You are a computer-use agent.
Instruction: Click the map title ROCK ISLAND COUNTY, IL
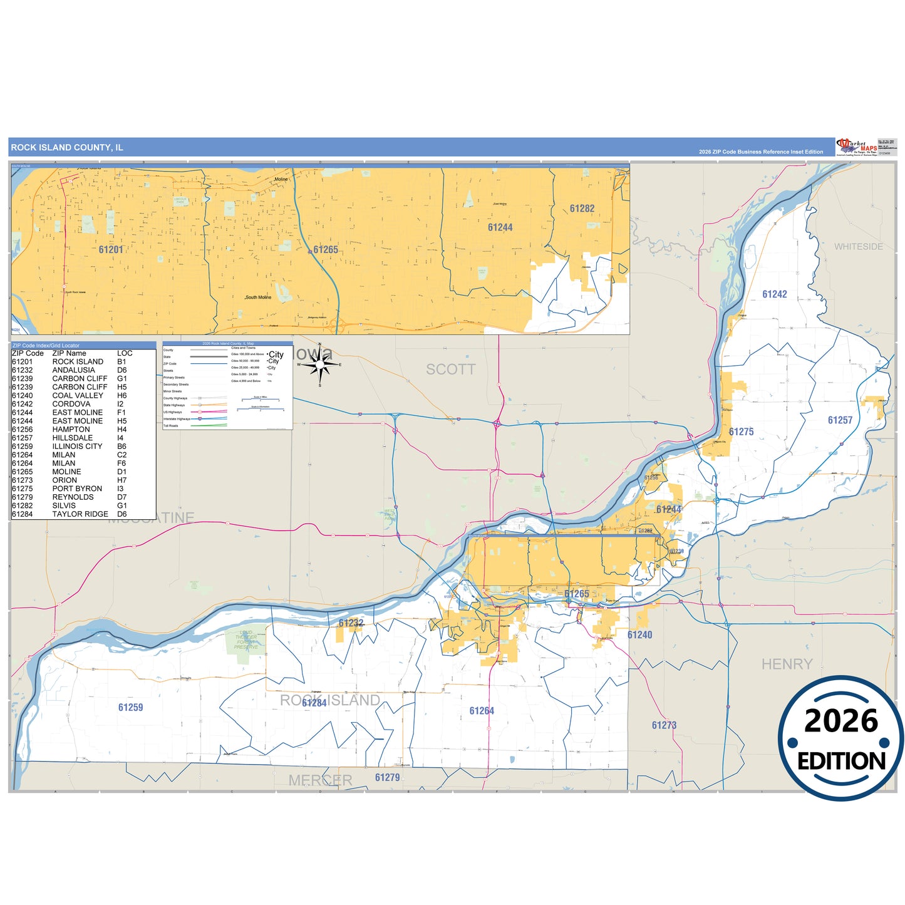(67, 148)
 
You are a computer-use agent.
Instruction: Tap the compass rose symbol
(320, 365)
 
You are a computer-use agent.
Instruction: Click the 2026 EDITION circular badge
(840, 738)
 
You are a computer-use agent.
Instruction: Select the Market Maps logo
(857, 147)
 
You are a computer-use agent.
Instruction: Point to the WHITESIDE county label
(858, 247)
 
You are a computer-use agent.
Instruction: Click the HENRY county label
(787, 664)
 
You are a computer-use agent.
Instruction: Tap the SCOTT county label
(450, 370)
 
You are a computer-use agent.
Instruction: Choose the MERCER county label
(320, 780)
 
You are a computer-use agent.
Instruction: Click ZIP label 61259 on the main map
(130, 708)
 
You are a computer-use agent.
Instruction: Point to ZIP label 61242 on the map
(774, 294)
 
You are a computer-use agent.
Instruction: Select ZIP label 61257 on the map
(840, 420)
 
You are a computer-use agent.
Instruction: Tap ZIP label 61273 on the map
(664, 725)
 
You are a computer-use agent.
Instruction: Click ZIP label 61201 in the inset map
(111, 249)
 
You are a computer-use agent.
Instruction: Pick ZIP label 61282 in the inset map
(582, 209)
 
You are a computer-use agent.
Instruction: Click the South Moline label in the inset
(259, 297)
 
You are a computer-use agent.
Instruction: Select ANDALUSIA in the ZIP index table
(73, 370)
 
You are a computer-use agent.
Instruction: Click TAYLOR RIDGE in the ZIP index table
(80, 514)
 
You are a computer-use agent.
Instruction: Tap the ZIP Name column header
(69, 353)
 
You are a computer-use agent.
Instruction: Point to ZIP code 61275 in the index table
(23, 489)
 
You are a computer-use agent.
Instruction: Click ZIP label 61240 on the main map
(639, 635)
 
